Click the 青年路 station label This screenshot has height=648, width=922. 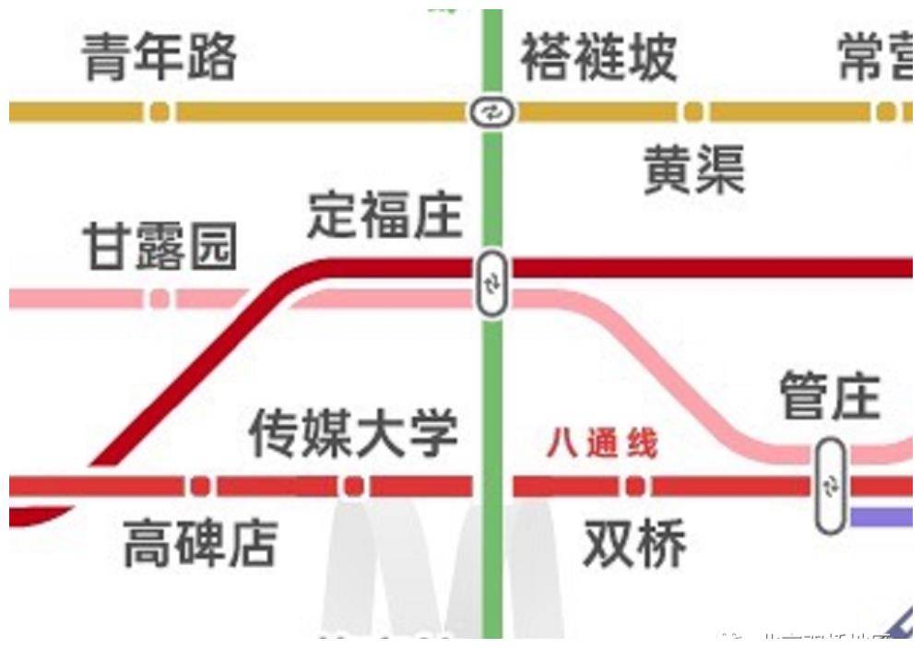coord(159,57)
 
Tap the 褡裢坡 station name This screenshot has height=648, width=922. coord(598,57)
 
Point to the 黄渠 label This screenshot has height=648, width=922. coord(693,171)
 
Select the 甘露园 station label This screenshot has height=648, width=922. coord(160,248)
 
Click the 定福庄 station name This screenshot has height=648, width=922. coord(384,216)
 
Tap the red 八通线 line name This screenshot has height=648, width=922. coord(602,444)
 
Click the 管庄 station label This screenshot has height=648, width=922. coord(830,396)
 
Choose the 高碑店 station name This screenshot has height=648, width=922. coord(200,544)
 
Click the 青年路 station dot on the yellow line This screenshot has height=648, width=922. coord(160,112)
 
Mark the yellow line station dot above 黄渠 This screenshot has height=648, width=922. coord(693,112)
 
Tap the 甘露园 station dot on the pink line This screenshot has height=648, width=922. coord(160,299)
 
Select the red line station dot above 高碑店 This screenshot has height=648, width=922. coord(200,486)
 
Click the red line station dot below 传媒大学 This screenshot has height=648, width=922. coord(354,486)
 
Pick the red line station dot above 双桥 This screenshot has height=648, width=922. coord(634,486)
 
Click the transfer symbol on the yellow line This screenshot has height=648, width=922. coord(491,112)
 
